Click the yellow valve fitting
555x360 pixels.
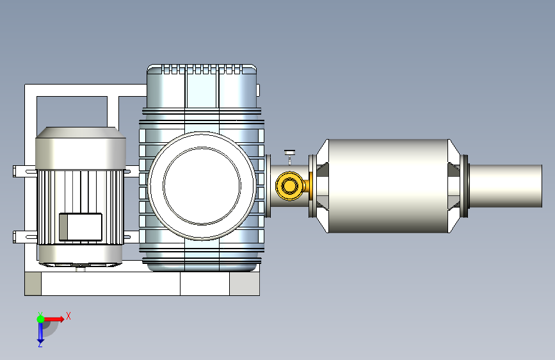point(290,186)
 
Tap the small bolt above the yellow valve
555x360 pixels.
point(289,156)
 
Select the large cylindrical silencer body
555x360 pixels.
point(389,186)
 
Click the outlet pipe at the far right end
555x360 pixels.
point(506,186)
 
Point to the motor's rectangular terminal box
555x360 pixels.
point(81,227)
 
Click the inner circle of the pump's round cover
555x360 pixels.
point(202,186)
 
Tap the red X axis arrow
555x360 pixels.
point(54,319)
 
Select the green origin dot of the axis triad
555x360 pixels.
point(40,319)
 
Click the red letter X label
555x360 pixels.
point(68,316)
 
